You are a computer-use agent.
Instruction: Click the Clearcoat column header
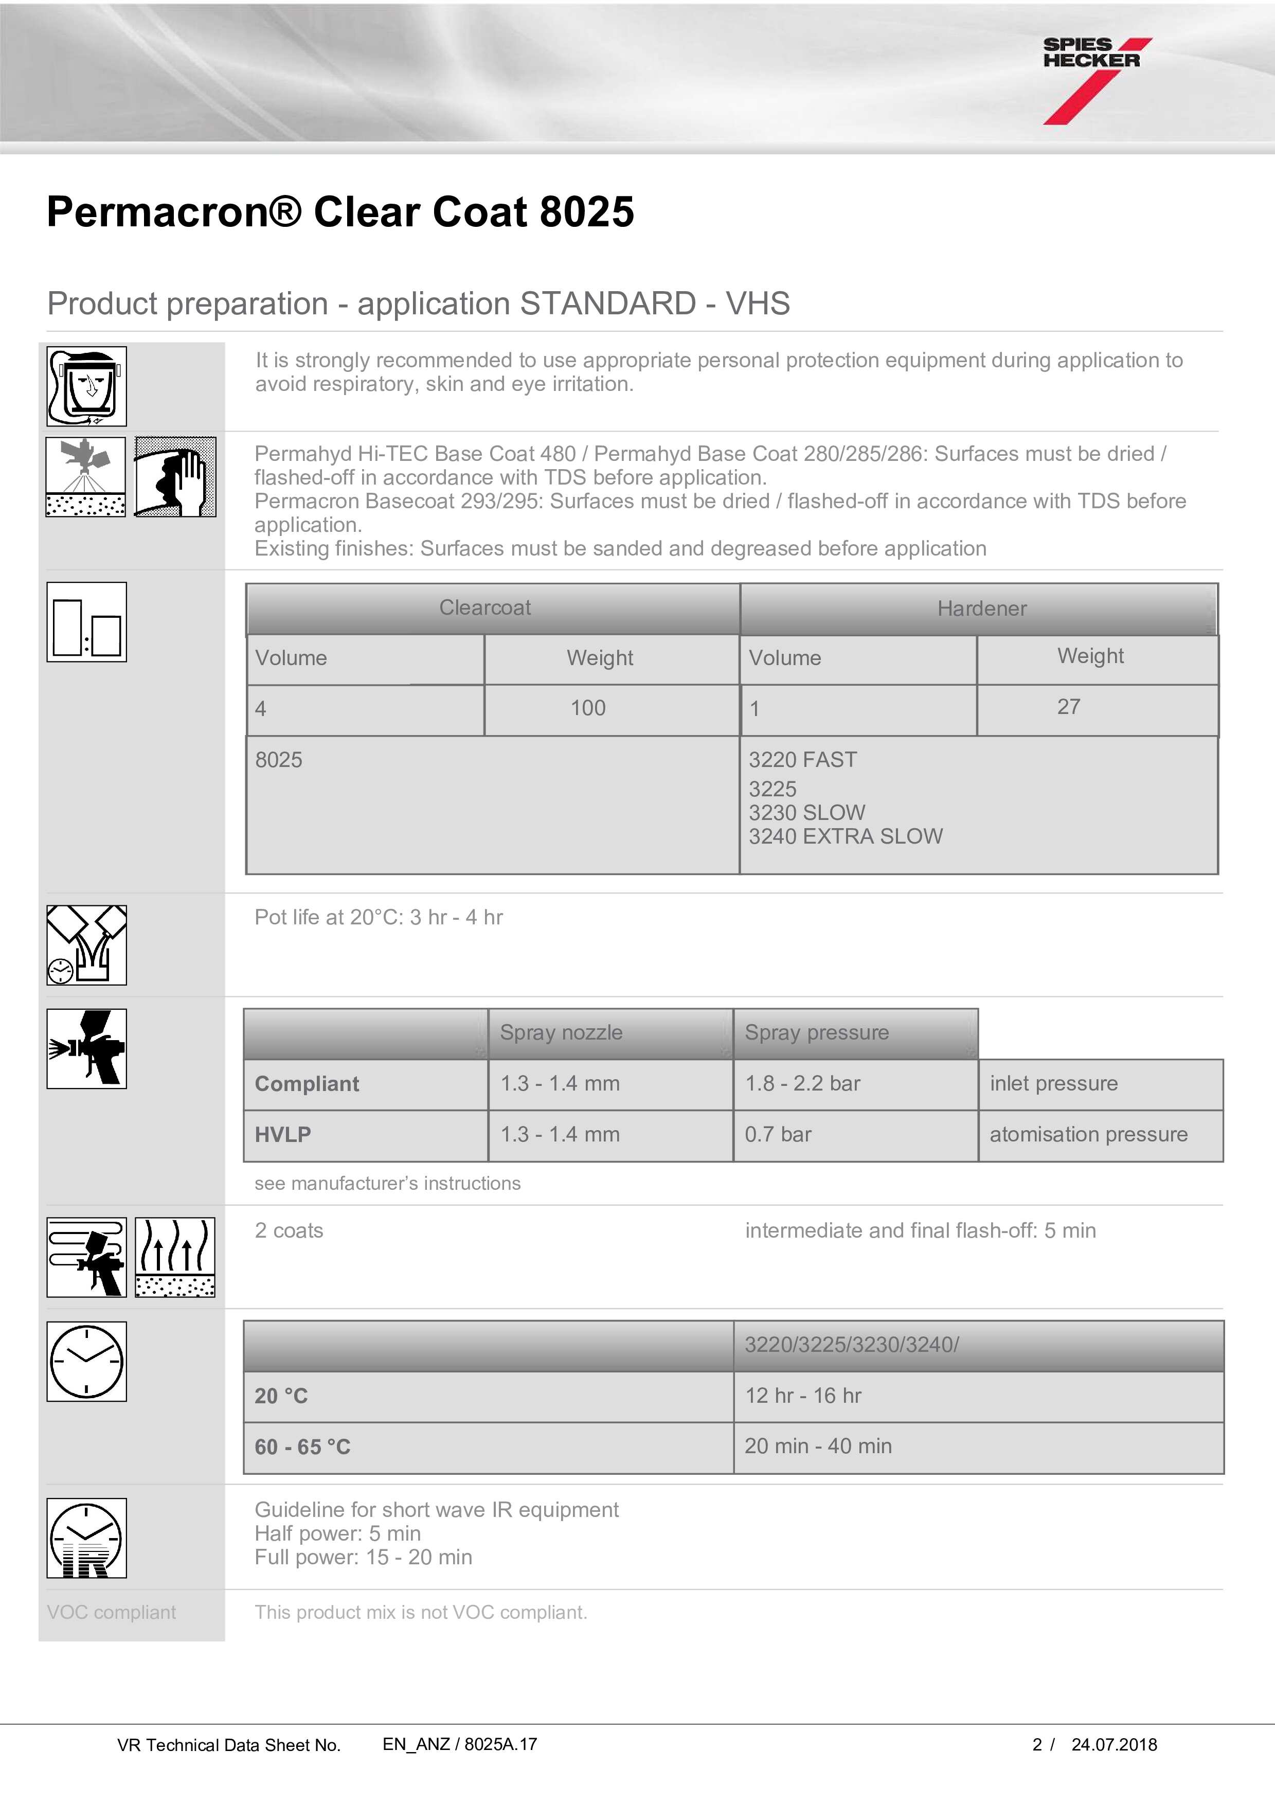[x=484, y=608]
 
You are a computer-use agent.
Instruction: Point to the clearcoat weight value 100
[x=588, y=708]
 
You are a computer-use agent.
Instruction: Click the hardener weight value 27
[x=1068, y=706]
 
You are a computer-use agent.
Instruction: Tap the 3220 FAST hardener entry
[x=802, y=760]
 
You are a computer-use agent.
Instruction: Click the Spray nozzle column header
[x=561, y=1032]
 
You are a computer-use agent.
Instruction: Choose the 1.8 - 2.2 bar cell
[x=802, y=1083]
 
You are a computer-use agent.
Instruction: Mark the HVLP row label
[x=283, y=1135]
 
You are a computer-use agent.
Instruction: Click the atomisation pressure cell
[x=1088, y=1135]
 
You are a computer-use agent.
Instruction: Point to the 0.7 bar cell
[x=778, y=1135]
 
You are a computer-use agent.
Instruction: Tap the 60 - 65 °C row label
[x=302, y=1446]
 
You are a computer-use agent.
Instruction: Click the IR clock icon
[x=86, y=1538]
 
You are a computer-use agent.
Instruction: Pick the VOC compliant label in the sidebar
[x=112, y=1612]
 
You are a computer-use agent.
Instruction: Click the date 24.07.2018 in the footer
[x=1114, y=1745]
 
